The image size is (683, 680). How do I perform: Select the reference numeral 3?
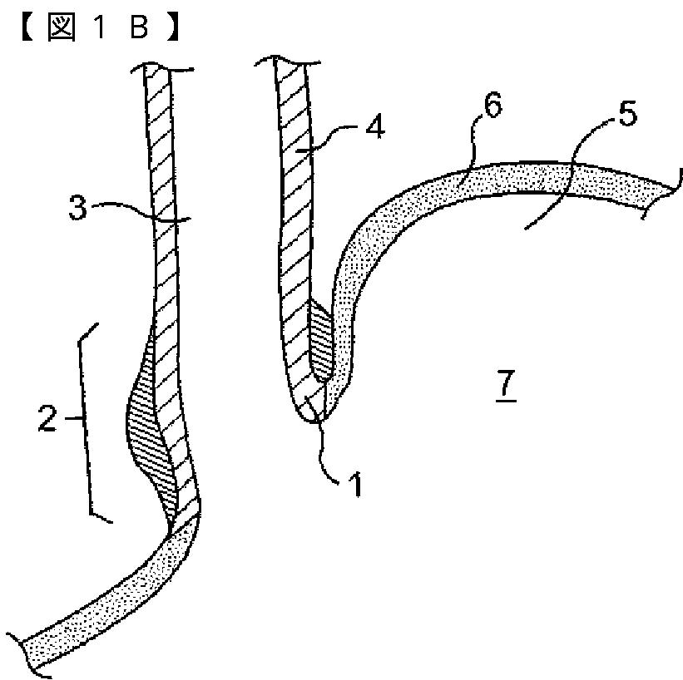[78, 209]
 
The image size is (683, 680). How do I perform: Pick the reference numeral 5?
[626, 114]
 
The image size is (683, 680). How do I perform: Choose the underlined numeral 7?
[505, 385]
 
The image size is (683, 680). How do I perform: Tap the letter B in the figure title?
[138, 29]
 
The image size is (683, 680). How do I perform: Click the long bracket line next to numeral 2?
[84, 424]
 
